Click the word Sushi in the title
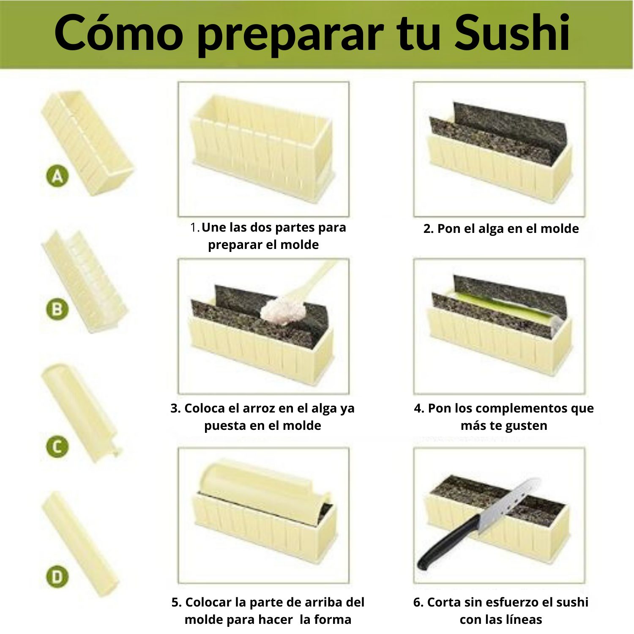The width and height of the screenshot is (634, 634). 512,33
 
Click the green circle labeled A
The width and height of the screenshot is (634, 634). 57,176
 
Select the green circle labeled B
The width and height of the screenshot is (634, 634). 57,309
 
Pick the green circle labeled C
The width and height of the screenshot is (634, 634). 57,446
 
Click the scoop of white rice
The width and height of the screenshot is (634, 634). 282,311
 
